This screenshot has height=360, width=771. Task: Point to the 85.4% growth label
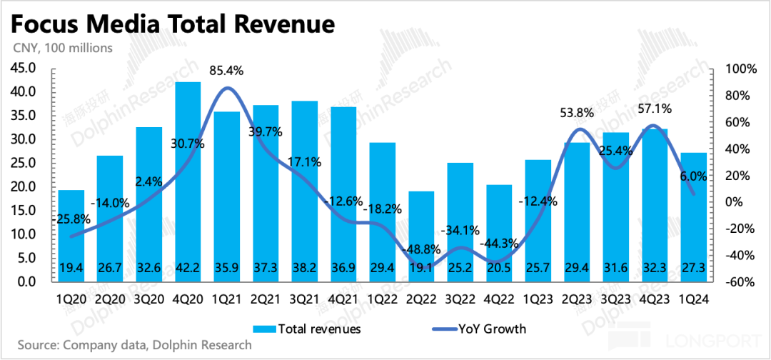coord(226,71)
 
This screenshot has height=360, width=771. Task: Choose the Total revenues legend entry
coord(307,329)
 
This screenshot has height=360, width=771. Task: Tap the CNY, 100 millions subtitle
coord(62,49)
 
